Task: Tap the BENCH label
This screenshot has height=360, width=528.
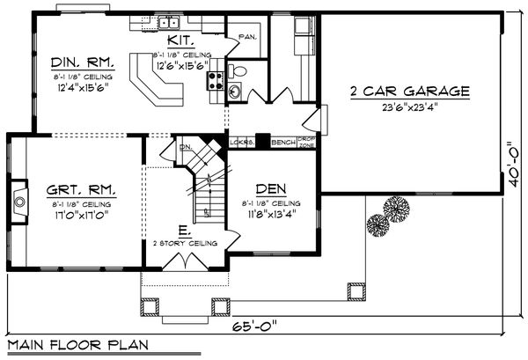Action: (x=282, y=142)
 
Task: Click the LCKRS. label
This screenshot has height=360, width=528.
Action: (x=242, y=142)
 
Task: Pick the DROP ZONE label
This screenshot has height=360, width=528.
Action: (x=306, y=142)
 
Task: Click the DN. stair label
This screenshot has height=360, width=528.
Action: (x=186, y=148)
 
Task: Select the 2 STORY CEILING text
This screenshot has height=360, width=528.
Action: (x=178, y=242)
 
